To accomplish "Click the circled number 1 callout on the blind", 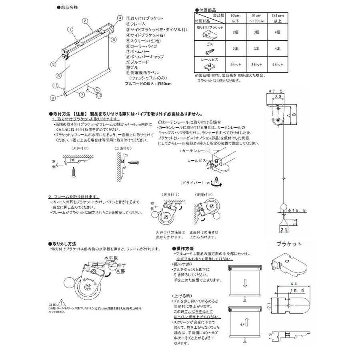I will tap(70, 29).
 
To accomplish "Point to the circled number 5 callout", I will tap(58, 74).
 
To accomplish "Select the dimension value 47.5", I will tap(274, 92).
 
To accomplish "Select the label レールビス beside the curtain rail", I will tap(196, 160).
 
